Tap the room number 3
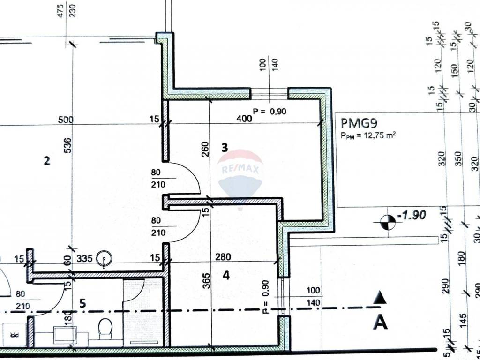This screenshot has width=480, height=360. coord(225,147)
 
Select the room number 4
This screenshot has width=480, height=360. coord(226,276)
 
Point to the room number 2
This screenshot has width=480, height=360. coord(46,161)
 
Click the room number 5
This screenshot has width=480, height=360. coord(82,303)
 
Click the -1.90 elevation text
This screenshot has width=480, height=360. coord(411,216)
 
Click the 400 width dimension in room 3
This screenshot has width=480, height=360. coord(244,119)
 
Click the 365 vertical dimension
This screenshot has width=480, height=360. coord(206,280)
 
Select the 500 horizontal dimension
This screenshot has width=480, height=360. coord(66,120)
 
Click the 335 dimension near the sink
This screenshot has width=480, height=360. coord(84,257)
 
